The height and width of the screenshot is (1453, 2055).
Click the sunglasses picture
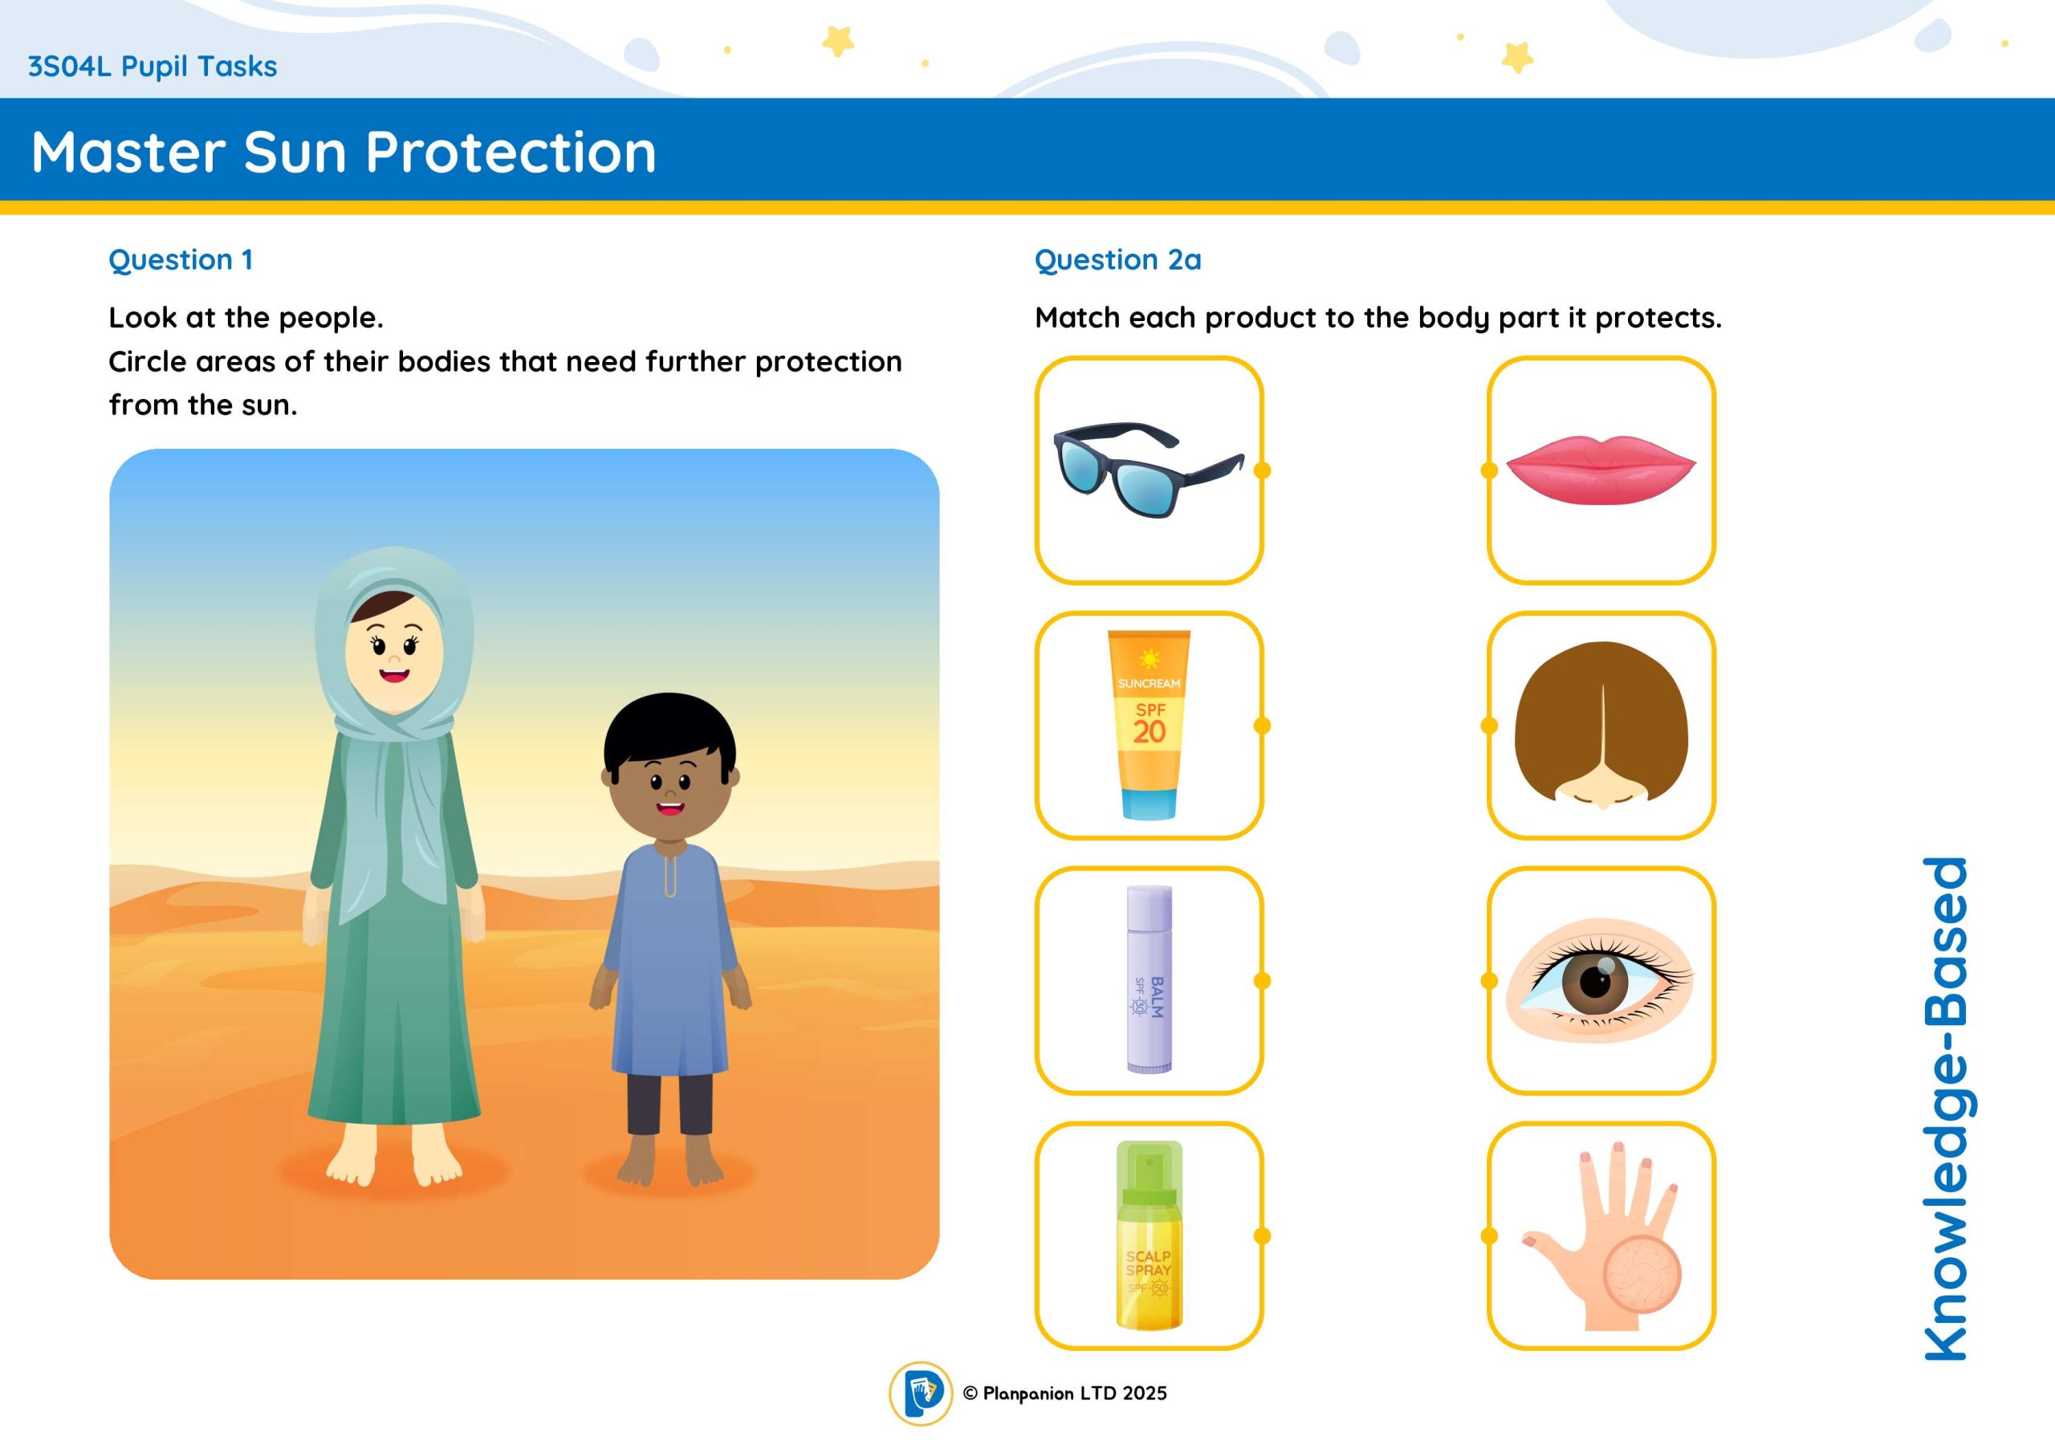(x=1149, y=470)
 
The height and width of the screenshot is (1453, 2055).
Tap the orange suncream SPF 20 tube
(x=1150, y=725)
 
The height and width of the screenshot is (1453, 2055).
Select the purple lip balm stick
(x=1150, y=979)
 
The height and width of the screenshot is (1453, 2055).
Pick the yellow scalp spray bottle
(x=1150, y=1235)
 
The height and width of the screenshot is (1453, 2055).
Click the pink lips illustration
(x=1601, y=470)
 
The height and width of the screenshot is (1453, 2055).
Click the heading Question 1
(x=181, y=259)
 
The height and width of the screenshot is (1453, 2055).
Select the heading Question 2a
(x=1118, y=259)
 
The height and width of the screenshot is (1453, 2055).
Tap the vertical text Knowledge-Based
(x=1946, y=1109)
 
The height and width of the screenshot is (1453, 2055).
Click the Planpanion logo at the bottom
(x=920, y=1393)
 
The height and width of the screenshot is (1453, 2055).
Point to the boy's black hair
(x=669, y=730)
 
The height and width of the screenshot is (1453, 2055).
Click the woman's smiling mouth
(x=394, y=675)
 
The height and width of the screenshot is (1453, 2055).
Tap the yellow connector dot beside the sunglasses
(x=1263, y=470)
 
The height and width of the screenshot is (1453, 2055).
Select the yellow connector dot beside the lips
(x=1489, y=470)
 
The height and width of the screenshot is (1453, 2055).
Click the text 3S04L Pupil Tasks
(x=153, y=67)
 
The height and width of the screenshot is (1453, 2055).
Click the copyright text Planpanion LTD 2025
(x=1065, y=1393)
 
